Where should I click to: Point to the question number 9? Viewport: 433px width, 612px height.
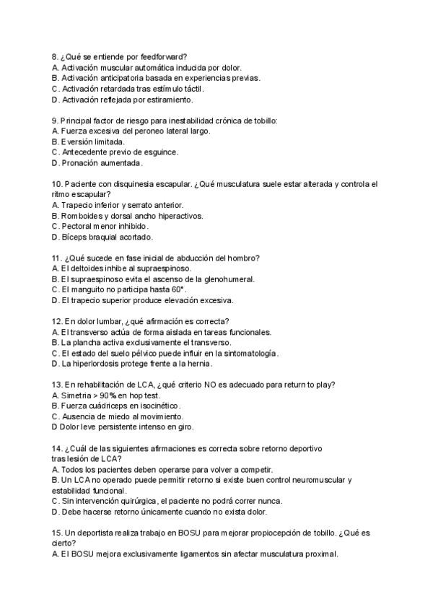click(56, 120)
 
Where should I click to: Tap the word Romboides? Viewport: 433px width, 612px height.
click(82, 216)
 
